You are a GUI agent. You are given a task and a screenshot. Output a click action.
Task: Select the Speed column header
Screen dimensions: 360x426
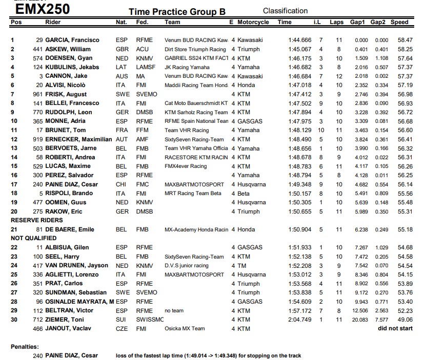399,23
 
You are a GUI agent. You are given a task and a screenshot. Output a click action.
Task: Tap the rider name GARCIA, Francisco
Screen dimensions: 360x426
72,40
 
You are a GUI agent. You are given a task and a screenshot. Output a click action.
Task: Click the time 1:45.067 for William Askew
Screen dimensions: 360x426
300,49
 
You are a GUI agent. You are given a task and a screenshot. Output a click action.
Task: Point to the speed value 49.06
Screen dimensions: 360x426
405,320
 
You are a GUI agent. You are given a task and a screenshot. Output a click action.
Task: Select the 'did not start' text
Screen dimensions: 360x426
395,329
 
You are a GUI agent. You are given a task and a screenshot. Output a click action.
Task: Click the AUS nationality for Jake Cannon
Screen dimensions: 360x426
122,76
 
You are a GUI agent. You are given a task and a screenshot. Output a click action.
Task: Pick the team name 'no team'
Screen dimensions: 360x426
174,311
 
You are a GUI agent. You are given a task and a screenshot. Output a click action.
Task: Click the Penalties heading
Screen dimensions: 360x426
25,347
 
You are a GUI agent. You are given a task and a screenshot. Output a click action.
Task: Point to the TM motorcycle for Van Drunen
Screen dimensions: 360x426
242,266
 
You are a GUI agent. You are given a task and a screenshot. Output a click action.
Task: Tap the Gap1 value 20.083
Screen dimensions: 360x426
360,320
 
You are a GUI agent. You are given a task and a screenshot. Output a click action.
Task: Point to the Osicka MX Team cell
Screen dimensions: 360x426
185,329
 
